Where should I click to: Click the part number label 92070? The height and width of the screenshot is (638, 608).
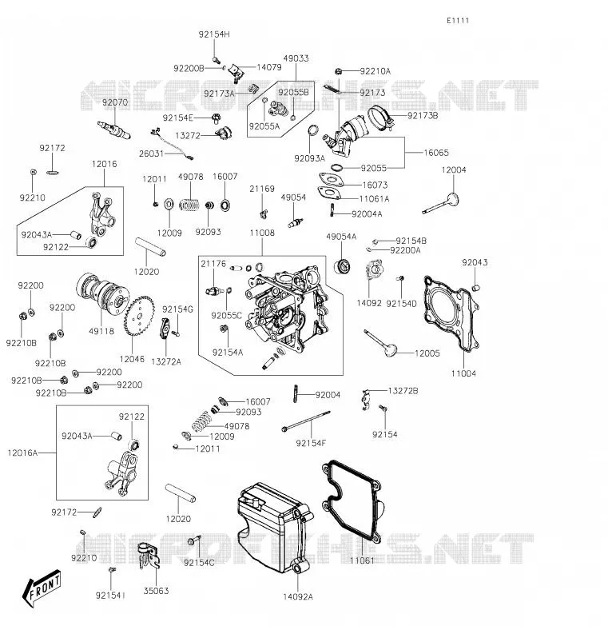pyautogui.click(x=115, y=102)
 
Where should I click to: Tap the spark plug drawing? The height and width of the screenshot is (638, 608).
pyautogui.click(x=114, y=130)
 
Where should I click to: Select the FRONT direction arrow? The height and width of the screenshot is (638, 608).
pyautogui.click(x=42, y=588)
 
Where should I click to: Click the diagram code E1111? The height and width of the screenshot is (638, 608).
pyautogui.click(x=458, y=21)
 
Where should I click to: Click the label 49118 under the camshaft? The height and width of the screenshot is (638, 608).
pyautogui.click(x=101, y=331)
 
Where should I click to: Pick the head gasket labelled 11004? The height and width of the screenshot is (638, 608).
pyautogui.click(x=451, y=313)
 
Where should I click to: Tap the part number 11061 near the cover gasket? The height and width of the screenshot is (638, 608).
pyautogui.click(x=362, y=560)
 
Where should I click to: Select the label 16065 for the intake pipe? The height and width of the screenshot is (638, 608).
pyautogui.click(x=436, y=153)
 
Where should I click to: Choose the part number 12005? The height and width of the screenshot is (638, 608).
pyautogui.click(x=427, y=353)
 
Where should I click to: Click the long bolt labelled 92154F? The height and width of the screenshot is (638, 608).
pyautogui.click(x=306, y=421)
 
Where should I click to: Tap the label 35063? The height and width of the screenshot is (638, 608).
pyautogui.click(x=156, y=591)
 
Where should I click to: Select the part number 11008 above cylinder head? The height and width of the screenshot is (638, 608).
pyautogui.click(x=262, y=233)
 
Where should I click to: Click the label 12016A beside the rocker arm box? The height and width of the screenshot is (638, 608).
pyautogui.click(x=22, y=453)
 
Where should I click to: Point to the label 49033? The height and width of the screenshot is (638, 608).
pyautogui.click(x=296, y=58)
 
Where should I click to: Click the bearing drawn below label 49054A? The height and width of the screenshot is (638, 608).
pyautogui.click(x=343, y=266)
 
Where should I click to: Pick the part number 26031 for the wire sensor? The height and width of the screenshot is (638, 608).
pyautogui.click(x=151, y=154)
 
